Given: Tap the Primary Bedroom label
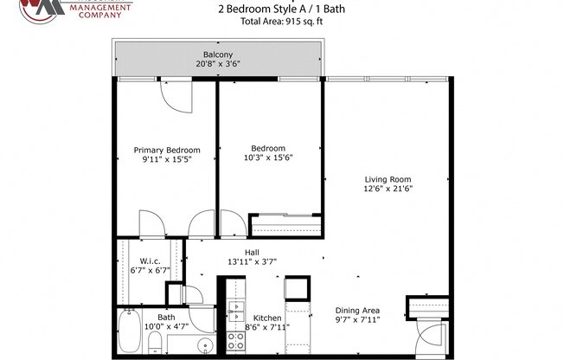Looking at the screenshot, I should pos(166,149).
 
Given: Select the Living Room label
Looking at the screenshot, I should pos(387,180).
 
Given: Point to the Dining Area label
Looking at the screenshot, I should pos(358,311).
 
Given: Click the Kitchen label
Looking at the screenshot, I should pos(266,318).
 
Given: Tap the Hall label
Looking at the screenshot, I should pos(252,252).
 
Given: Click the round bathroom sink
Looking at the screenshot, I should pos(204,346).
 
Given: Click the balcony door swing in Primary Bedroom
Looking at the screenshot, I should pos(174,97).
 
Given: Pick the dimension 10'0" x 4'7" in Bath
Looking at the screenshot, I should pos(166,326).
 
